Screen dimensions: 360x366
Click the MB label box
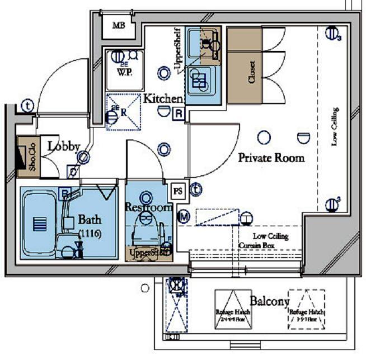point(119,26)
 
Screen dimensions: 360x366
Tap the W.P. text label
point(124,72)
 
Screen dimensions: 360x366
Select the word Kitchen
point(163,99)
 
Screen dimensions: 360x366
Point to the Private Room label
point(271,158)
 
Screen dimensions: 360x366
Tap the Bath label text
point(90,219)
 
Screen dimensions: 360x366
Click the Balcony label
point(270,301)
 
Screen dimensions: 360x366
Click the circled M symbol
point(184,216)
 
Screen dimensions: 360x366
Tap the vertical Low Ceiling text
point(334,127)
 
